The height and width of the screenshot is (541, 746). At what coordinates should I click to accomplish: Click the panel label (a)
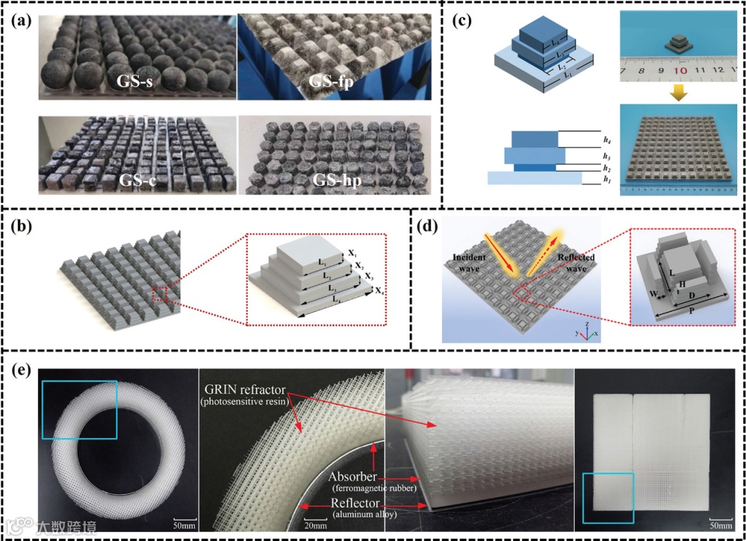(21, 21)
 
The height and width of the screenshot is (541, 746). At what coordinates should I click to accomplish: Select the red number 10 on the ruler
(680, 71)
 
